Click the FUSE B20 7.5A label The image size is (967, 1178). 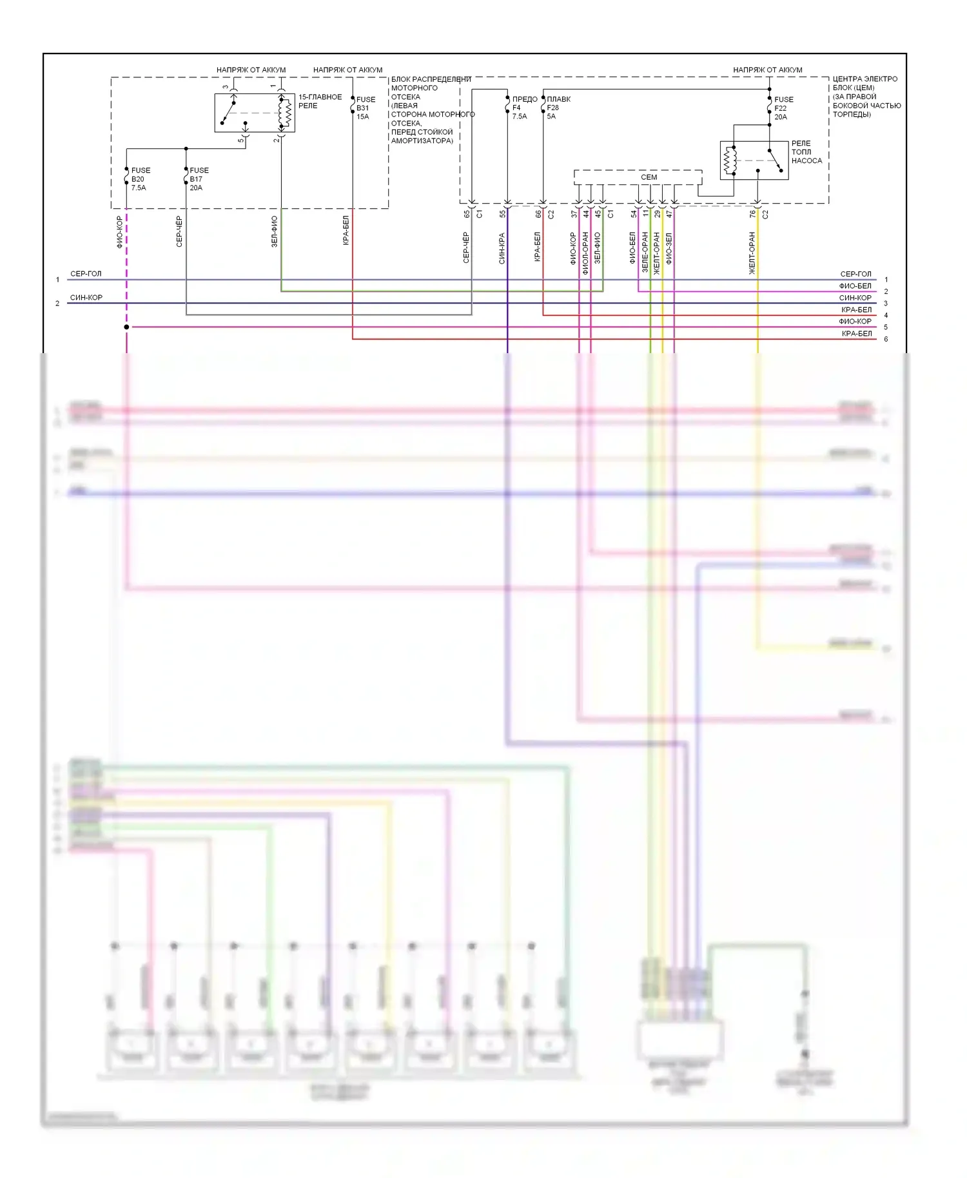click(x=140, y=179)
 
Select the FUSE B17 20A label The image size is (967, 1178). click(x=199, y=179)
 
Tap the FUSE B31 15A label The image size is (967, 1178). click(x=365, y=108)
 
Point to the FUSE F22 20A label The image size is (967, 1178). click(x=783, y=108)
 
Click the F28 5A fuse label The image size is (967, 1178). click(x=558, y=108)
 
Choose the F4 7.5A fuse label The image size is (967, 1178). click(x=523, y=108)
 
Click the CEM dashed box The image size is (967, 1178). click(x=638, y=177)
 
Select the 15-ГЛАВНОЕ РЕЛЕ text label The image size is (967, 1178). click(x=320, y=101)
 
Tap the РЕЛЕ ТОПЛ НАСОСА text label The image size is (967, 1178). click(x=806, y=152)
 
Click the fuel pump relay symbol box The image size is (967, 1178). click(x=754, y=160)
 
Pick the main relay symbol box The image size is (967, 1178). click(x=255, y=113)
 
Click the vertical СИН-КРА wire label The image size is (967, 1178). click(x=502, y=249)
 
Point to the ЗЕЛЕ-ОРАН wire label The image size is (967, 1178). click(x=645, y=252)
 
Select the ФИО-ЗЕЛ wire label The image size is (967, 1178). click(x=669, y=249)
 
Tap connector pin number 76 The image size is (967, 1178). click(x=752, y=214)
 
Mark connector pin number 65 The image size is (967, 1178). click(x=467, y=214)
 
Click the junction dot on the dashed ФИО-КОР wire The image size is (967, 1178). click(x=126, y=327)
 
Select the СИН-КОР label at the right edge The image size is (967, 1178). click(x=855, y=298)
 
